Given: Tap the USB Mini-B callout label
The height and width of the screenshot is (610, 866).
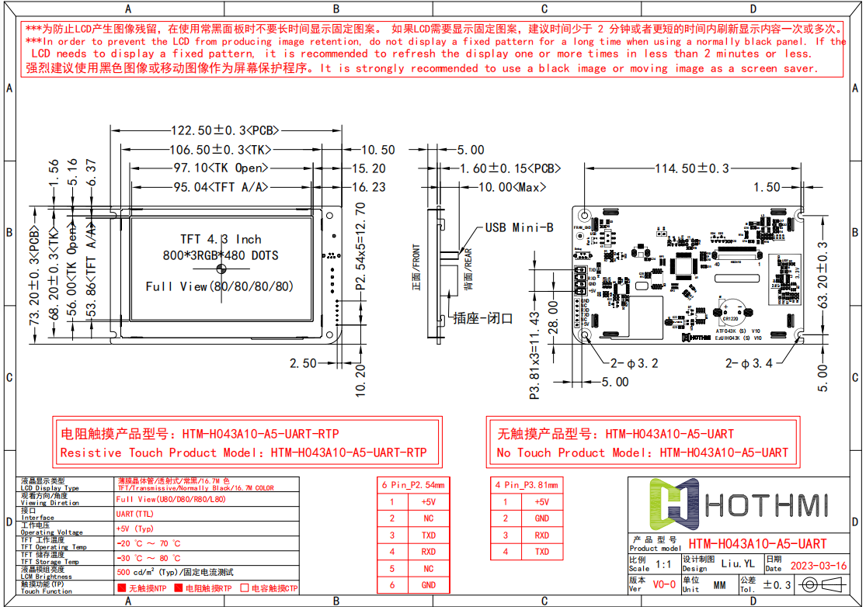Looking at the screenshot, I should coord(519,227).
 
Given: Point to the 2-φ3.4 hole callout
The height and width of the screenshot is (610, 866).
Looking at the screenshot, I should coord(749,362).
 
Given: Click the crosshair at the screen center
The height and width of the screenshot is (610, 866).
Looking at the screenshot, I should coord(221,269).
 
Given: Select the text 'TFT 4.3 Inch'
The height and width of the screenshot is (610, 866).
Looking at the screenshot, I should coord(221,239).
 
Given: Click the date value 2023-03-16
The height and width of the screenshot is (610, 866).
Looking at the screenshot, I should coord(818,566).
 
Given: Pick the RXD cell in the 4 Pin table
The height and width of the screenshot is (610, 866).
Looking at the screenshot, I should coord(542,535).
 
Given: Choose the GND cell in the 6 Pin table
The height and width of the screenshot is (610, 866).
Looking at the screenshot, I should coord(428,585).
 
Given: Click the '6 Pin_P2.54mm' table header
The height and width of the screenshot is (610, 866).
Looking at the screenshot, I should coord(413,485).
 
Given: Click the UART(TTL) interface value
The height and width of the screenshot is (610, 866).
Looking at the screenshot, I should coord(136,514).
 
